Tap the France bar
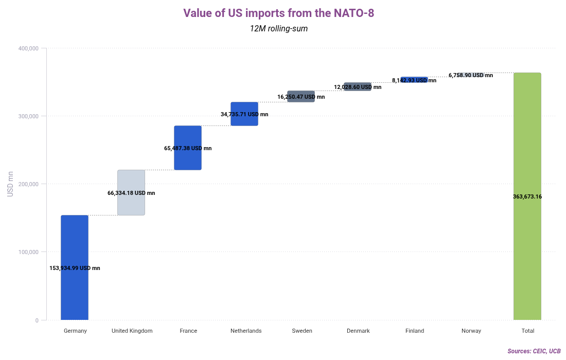[x=188, y=136]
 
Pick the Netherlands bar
[x=244, y=107]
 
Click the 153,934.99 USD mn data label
[x=75, y=268]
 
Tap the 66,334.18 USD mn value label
[x=131, y=193]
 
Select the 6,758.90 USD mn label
[x=471, y=75]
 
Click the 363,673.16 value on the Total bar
[x=527, y=196]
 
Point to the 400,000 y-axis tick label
[x=29, y=48]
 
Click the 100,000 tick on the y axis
[x=29, y=252]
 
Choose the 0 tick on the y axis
[x=37, y=320]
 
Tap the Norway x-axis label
[x=471, y=331]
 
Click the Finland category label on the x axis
[x=415, y=331]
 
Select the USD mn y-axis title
[x=10, y=184]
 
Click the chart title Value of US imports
[x=278, y=13]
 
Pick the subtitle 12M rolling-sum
[x=278, y=29]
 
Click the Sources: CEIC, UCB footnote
[x=534, y=351]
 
